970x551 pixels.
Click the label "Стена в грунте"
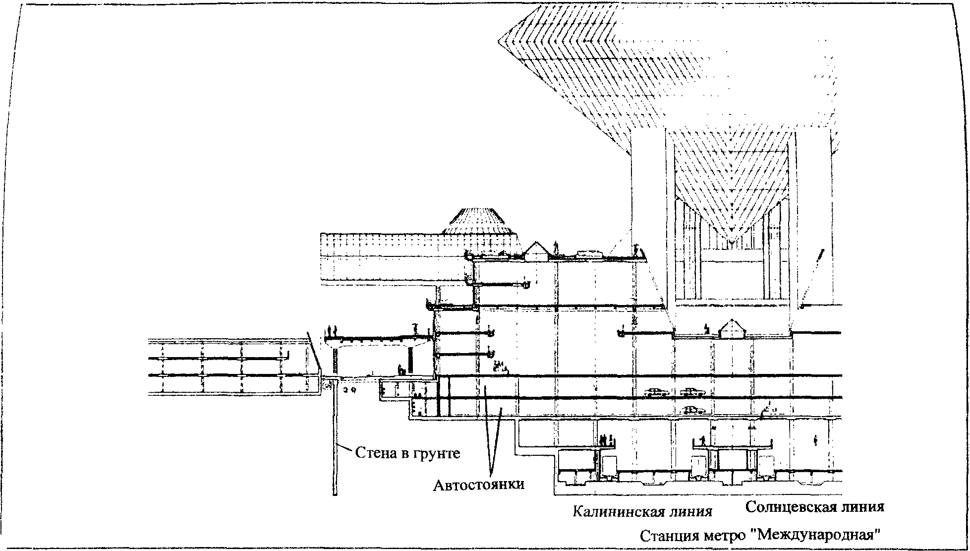click(x=407, y=453)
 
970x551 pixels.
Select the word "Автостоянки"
click(x=478, y=484)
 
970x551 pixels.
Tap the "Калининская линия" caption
click(x=642, y=511)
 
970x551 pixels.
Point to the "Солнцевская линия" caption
click(x=815, y=507)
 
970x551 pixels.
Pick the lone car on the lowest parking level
click(x=694, y=410)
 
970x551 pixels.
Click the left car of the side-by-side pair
click(x=656, y=392)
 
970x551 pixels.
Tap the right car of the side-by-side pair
click(x=692, y=392)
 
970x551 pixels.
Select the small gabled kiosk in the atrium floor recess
click(x=733, y=329)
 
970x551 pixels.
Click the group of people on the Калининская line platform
click(x=606, y=439)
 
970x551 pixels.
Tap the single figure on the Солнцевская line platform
click(x=703, y=440)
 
